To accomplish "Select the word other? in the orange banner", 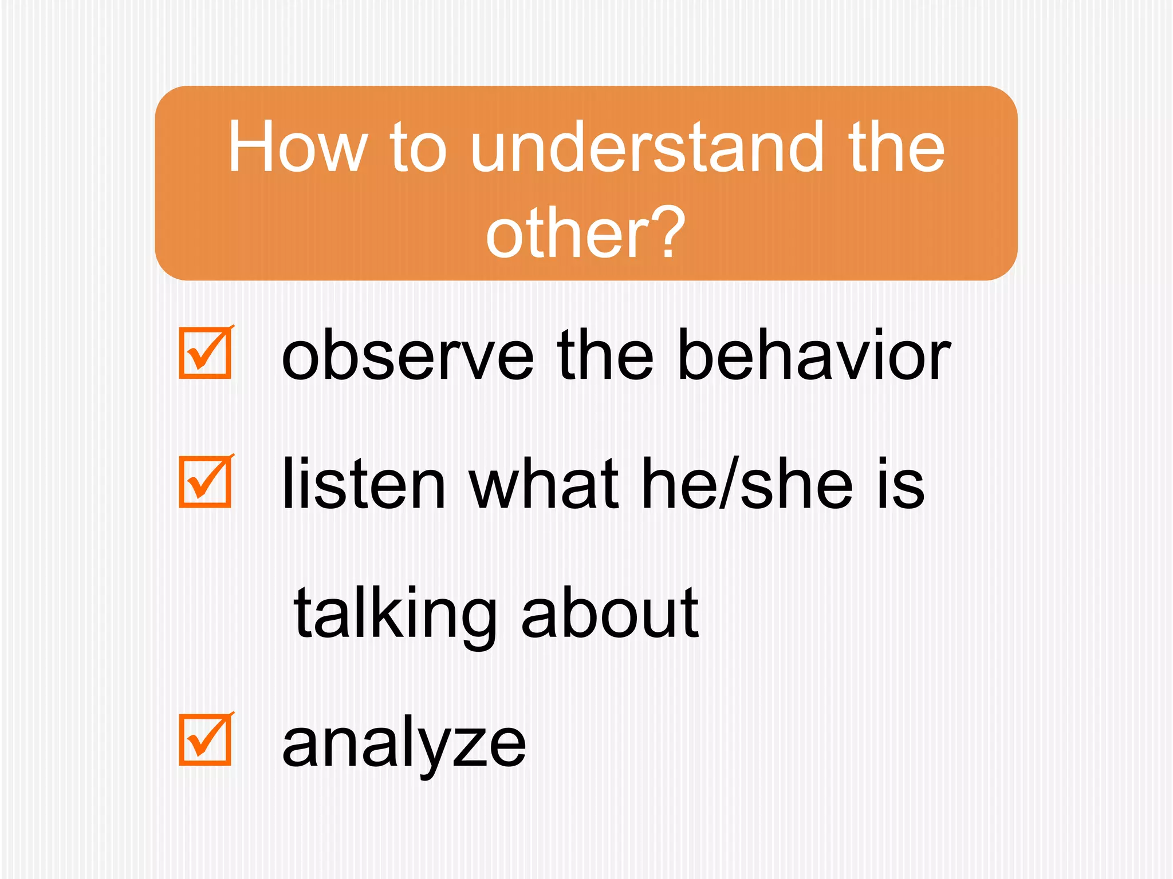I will point(585,232).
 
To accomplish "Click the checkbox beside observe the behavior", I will point(205,353).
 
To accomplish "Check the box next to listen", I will point(205,482).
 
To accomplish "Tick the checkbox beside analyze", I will point(205,739).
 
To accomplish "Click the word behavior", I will point(813,355).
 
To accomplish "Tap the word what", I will point(544,484).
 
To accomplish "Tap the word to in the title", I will point(418,148).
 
